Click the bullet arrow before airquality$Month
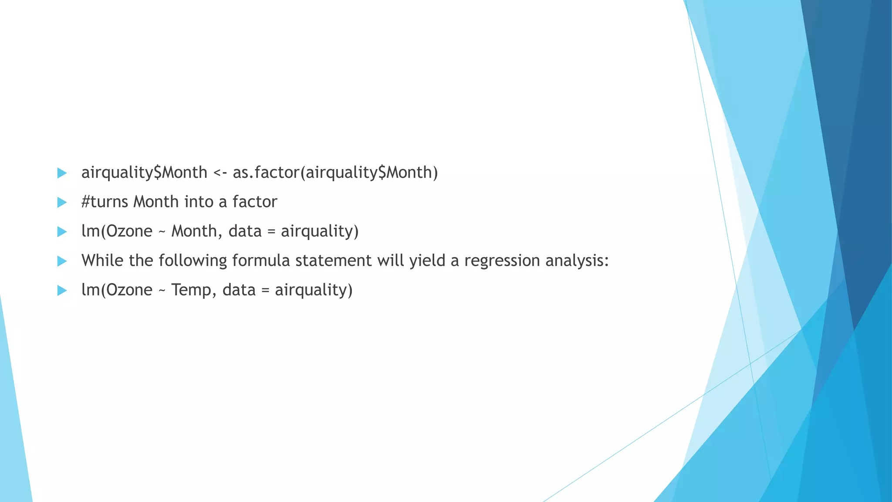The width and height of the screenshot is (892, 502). (x=62, y=173)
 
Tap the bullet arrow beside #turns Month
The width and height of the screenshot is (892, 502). (x=62, y=202)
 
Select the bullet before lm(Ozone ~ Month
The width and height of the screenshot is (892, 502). (x=62, y=231)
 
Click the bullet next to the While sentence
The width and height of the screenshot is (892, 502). (x=62, y=261)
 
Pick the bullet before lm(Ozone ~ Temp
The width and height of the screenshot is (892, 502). (x=62, y=290)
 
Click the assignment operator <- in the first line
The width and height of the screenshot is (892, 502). (x=220, y=173)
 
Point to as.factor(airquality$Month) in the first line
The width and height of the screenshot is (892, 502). (x=335, y=173)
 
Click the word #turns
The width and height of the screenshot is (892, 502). (x=105, y=202)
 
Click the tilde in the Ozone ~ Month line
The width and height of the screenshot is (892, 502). (x=162, y=231)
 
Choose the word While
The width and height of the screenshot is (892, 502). (x=102, y=261)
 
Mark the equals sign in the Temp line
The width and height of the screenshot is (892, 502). (x=265, y=290)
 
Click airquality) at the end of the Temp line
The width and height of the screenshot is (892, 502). (x=314, y=290)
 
